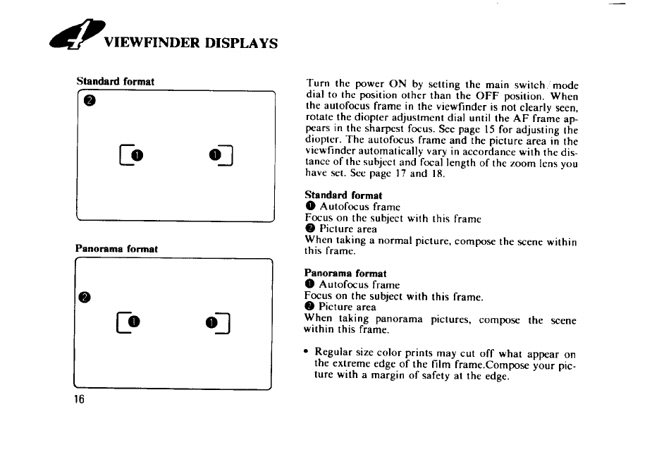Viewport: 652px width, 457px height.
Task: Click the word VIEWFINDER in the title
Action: click(x=144, y=43)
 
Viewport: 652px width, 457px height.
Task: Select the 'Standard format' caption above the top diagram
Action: click(x=116, y=81)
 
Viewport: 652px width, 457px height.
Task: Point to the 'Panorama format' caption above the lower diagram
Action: click(x=117, y=249)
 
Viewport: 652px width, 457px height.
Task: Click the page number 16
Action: click(x=80, y=399)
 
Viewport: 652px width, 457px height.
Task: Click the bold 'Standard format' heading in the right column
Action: click(x=343, y=195)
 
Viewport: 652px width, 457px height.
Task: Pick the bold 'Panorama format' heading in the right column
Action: click(x=345, y=273)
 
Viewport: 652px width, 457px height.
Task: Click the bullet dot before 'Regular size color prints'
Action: click(x=307, y=351)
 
